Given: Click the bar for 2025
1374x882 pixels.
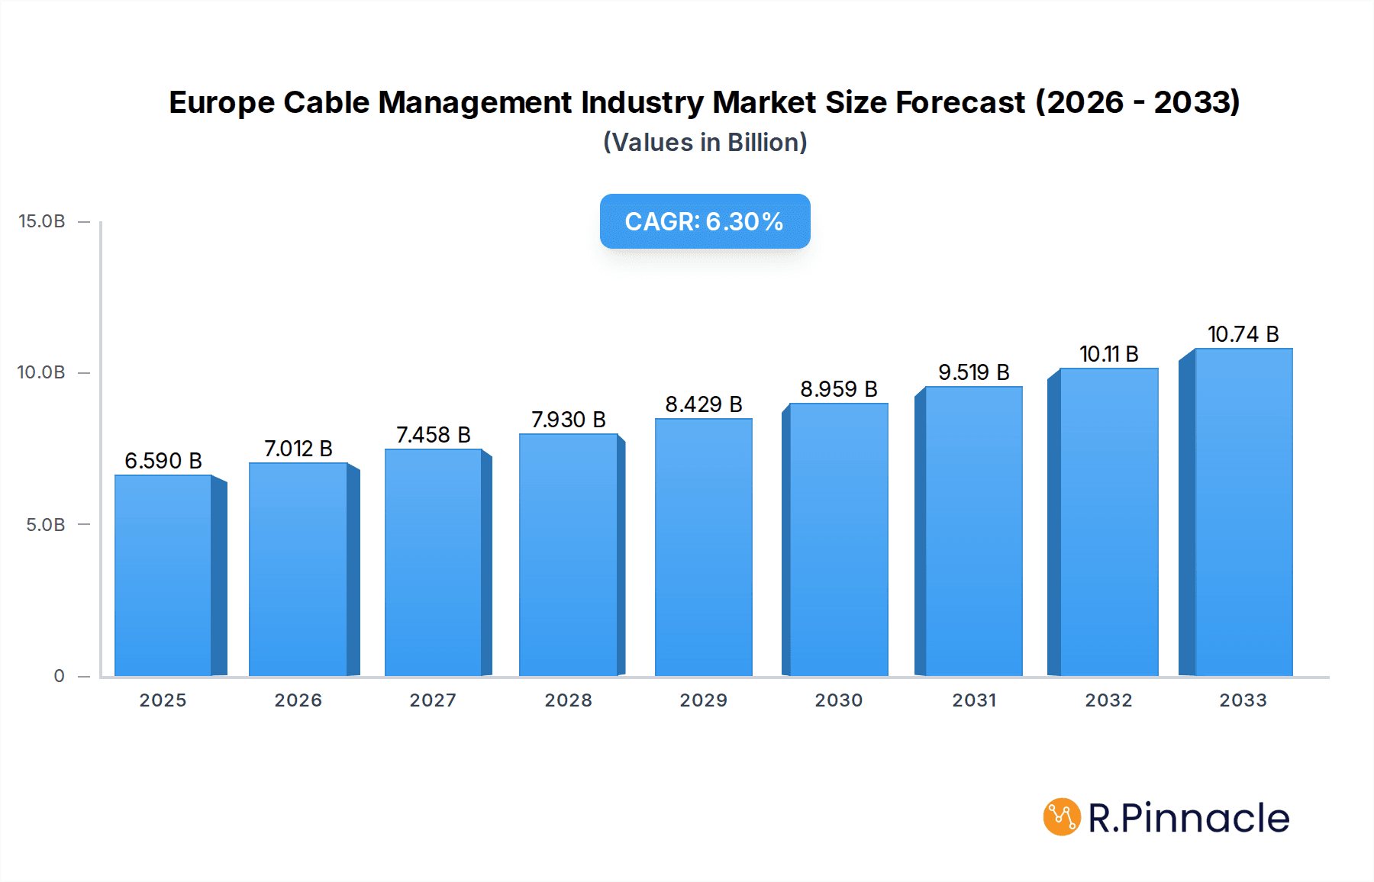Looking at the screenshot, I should [x=163, y=575].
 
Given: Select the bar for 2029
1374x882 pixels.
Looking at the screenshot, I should [x=703, y=547].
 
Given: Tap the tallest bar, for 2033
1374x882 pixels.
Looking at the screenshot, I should [x=1243, y=512].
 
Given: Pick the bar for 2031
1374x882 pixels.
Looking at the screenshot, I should [x=973, y=531].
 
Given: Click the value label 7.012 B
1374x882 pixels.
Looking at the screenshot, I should [x=298, y=449].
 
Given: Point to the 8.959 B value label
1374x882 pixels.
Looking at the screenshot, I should [x=839, y=389].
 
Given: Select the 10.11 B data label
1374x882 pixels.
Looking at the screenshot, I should [x=1108, y=354].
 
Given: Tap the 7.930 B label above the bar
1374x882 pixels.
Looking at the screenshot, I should [x=569, y=420].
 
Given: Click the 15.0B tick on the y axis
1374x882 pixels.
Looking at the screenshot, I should [x=42, y=221].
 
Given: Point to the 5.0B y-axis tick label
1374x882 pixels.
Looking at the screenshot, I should [x=46, y=525].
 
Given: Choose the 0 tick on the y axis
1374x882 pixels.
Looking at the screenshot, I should [x=59, y=676].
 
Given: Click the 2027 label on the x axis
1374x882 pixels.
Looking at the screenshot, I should [x=433, y=700].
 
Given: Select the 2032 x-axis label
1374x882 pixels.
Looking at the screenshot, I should [x=1108, y=700].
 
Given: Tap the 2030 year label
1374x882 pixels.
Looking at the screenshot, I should [x=838, y=700].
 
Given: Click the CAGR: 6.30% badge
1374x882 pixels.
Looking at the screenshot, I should [x=705, y=221].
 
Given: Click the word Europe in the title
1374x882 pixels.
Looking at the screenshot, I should [x=221, y=103].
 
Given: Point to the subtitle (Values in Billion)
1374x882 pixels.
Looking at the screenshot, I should [x=705, y=143].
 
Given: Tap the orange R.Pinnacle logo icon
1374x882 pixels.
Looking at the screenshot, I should [x=1062, y=817].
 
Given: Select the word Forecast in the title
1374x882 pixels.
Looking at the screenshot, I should [x=960, y=103].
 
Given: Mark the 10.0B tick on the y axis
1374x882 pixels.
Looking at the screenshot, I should [x=42, y=372].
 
